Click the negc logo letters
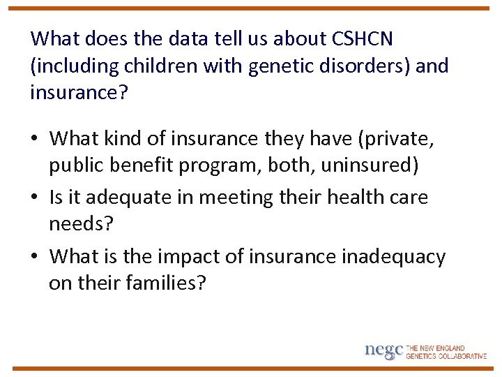pyautogui.click(x=383, y=351)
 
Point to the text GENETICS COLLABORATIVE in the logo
pyautogui.click(x=446, y=356)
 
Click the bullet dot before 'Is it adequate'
pyautogui.click(x=36, y=198)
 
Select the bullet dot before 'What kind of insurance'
pyautogui.click(x=36, y=140)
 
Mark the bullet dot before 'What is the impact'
pyautogui.click(x=36, y=257)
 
